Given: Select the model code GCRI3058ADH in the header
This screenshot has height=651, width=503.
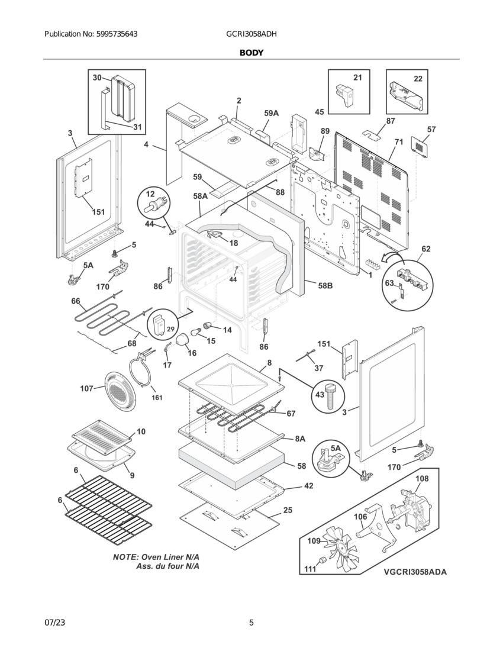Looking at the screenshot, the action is click(x=251, y=34).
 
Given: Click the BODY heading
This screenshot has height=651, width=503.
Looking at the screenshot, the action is click(x=251, y=53).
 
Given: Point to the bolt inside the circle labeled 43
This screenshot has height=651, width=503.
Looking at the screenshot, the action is click(x=331, y=396).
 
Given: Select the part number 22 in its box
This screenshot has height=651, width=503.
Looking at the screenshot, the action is click(x=418, y=79).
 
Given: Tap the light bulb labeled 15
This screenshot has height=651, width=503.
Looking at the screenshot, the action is click(x=196, y=331).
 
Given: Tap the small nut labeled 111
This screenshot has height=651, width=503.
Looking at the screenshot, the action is click(x=322, y=561).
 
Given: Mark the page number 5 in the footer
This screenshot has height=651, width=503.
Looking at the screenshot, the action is click(x=251, y=623).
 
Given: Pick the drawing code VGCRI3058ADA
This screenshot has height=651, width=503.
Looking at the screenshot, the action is click(x=415, y=572).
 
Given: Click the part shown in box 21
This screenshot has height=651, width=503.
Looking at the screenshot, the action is click(x=346, y=94).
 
